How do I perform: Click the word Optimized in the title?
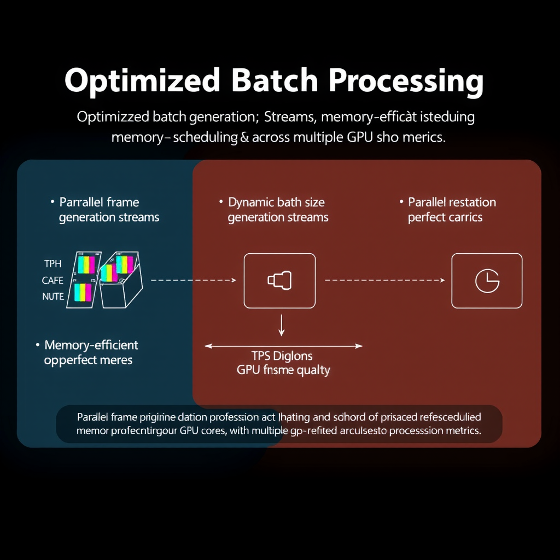[142, 81]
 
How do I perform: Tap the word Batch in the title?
[274, 81]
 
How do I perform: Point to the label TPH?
[52, 264]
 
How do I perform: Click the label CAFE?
[52, 280]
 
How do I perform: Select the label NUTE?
[52, 296]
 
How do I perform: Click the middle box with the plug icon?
[279, 280]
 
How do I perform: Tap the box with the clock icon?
[487, 280]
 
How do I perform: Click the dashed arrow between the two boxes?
[384, 280]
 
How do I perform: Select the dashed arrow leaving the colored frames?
[193, 280]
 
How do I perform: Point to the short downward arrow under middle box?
[282, 325]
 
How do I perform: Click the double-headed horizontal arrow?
[283, 346]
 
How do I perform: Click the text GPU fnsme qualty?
[283, 370]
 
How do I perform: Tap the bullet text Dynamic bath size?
[276, 202]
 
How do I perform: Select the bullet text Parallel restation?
[452, 202]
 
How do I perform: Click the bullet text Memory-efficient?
[91, 345]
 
